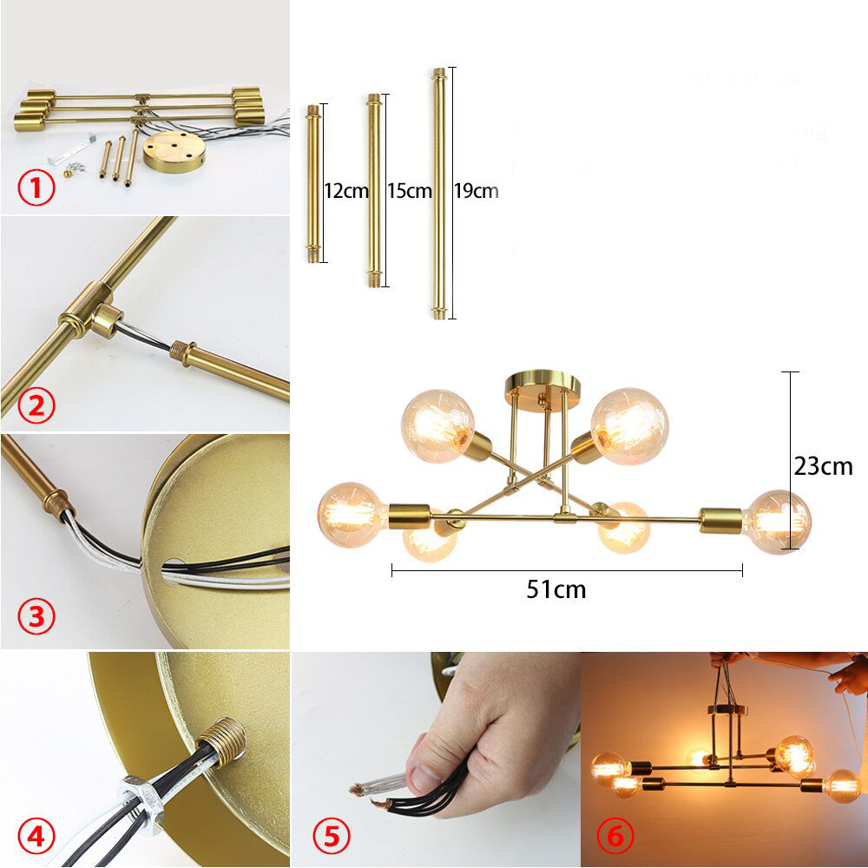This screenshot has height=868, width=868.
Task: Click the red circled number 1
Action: [36, 188]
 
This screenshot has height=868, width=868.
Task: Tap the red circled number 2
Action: [36, 405]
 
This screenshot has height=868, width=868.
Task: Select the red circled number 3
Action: [36, 616]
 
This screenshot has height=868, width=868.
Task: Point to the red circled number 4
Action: [36, 837]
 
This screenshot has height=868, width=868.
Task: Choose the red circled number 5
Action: [331, 836]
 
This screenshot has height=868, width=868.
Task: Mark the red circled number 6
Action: [615, 836]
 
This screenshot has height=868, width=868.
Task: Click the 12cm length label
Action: [346, 191]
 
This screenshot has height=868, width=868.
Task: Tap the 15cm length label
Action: [410, 191]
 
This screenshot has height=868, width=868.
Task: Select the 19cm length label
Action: [476, 191]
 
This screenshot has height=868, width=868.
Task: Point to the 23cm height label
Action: [823, 466]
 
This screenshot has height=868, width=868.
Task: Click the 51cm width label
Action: [556, 589]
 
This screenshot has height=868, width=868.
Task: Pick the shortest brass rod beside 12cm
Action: [312, 183]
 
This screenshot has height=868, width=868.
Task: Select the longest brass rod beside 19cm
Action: [439, 194]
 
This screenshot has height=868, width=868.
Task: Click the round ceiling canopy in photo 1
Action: [174, 151]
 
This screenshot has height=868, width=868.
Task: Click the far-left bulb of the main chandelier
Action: [352, 515]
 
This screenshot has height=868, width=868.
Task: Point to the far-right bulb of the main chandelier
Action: [777, 522]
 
